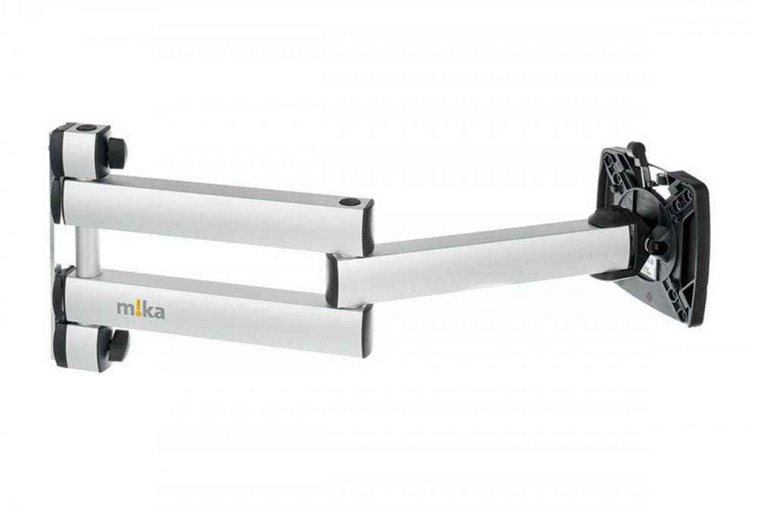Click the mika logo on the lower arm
click(139, 308)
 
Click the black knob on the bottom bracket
click(117, 344)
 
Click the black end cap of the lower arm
click(366, 330)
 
